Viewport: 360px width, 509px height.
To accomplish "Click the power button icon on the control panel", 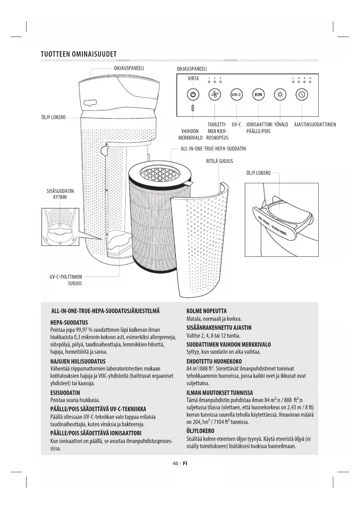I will point(193,95).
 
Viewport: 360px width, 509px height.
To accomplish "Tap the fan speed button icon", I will point(215,95).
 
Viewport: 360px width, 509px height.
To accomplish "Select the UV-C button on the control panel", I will point(236,95).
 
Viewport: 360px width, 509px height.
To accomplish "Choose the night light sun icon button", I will point(280,95).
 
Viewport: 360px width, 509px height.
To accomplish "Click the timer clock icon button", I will point(302,95).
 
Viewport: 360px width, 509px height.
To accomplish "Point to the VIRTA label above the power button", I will point(193,78).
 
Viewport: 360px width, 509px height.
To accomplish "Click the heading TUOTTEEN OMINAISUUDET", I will point(79,54).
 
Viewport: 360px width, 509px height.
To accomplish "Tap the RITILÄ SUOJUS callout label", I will point(219,161).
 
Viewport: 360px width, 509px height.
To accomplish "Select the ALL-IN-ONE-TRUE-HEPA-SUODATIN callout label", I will point(213,149).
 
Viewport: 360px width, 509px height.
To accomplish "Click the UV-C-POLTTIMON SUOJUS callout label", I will point(66,280).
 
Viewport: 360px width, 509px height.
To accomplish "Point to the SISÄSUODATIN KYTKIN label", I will point(60,194).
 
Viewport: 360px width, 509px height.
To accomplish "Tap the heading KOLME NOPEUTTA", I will point(207,311).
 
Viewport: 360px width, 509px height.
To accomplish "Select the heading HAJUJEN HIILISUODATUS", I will point(78,362).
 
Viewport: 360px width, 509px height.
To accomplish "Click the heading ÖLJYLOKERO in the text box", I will point(200,431).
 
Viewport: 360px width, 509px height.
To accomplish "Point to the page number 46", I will point(175,463).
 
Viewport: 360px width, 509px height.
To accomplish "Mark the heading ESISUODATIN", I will point(65,393).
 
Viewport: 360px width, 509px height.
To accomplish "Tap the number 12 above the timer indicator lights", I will point(310,78).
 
